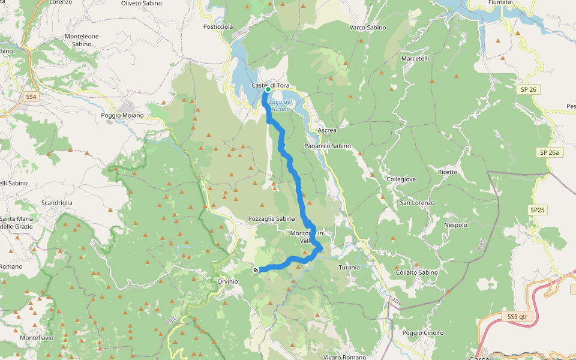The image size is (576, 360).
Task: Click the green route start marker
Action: [268, 89]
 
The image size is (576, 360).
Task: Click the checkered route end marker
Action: [256, 270]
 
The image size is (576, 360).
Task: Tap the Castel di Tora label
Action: [270, 86]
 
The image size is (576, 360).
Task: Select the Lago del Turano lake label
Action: [280, 106]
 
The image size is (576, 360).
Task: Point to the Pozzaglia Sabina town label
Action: [272, 219]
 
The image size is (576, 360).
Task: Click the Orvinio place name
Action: [227, 281]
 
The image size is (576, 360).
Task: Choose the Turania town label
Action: [349, 267]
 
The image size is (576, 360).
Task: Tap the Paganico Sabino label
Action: [328, 146]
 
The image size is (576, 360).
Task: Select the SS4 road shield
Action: [31, 96]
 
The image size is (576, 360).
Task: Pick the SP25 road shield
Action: [538, 210]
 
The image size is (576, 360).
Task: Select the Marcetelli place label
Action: [415, 59]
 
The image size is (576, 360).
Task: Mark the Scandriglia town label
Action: [57, 203]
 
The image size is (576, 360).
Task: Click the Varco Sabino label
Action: [367, 28]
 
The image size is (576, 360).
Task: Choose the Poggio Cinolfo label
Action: [423, 333]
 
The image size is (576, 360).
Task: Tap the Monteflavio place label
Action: [37, 337]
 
